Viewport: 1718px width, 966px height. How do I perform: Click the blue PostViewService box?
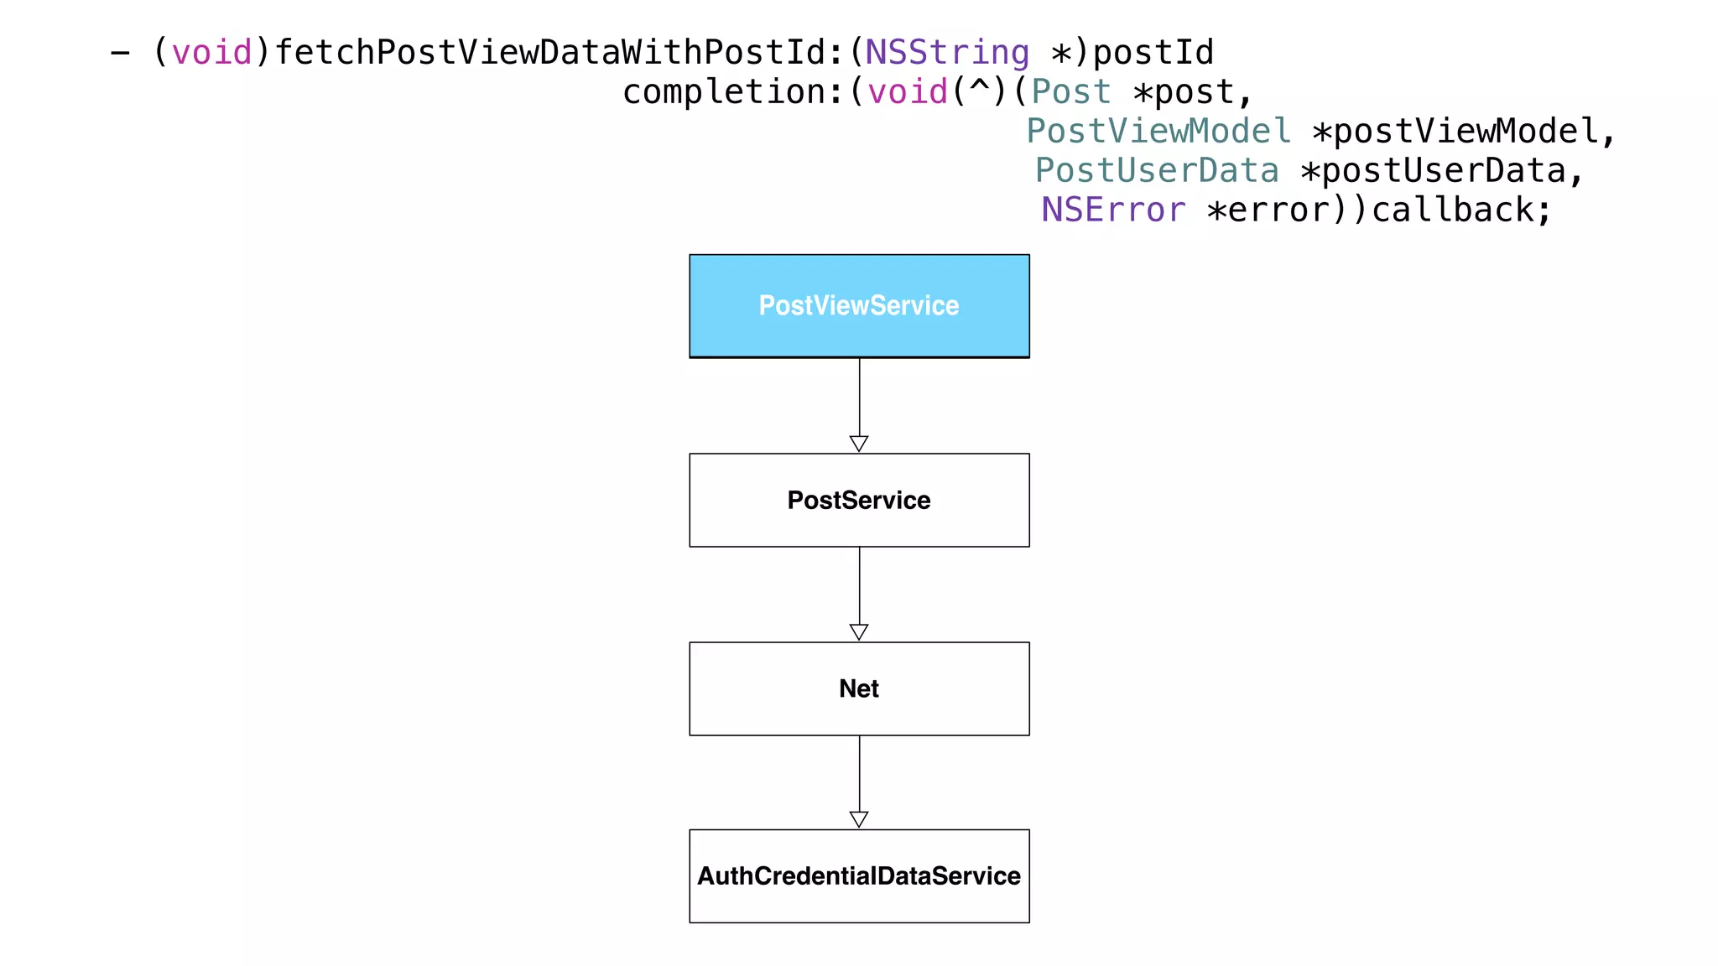pyautogui.click(x=859, y=306)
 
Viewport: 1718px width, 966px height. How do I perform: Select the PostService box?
pyautogui.click(x=859, y=501)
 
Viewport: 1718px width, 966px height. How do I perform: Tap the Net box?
pyautogui.click(x=859, y=688)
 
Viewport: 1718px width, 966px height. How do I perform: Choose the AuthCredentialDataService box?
pyautogui.click(x=859, y=876)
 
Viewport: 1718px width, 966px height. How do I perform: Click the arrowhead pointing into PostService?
pyautogui.click(x=859, y=444)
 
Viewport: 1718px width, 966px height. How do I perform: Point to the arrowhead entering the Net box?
pyautogui.click(x=859, y=631)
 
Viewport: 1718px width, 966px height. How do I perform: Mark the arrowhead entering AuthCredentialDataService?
pyautogui.click(x=859, y=819)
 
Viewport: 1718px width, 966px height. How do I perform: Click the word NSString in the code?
pyautogui.click(x=947, y=53)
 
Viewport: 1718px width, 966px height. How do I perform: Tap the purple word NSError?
pyautogui.click(x=1113, y=210)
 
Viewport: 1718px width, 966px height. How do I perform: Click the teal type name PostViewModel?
pyautogui.click(x=1158, y=131)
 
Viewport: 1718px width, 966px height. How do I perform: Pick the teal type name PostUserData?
pyautogui.click(x=1157, y=170)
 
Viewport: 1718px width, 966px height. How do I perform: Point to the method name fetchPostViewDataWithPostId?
pyautogui.click(x=550, y=53)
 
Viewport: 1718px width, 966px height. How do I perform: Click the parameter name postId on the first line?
pyautogui.click(x=1153, y=53)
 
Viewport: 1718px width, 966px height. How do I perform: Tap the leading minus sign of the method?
pyautogui.click(x=120, y=53)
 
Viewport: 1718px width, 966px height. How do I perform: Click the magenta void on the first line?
pyautogui.click(x=211, y=53)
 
